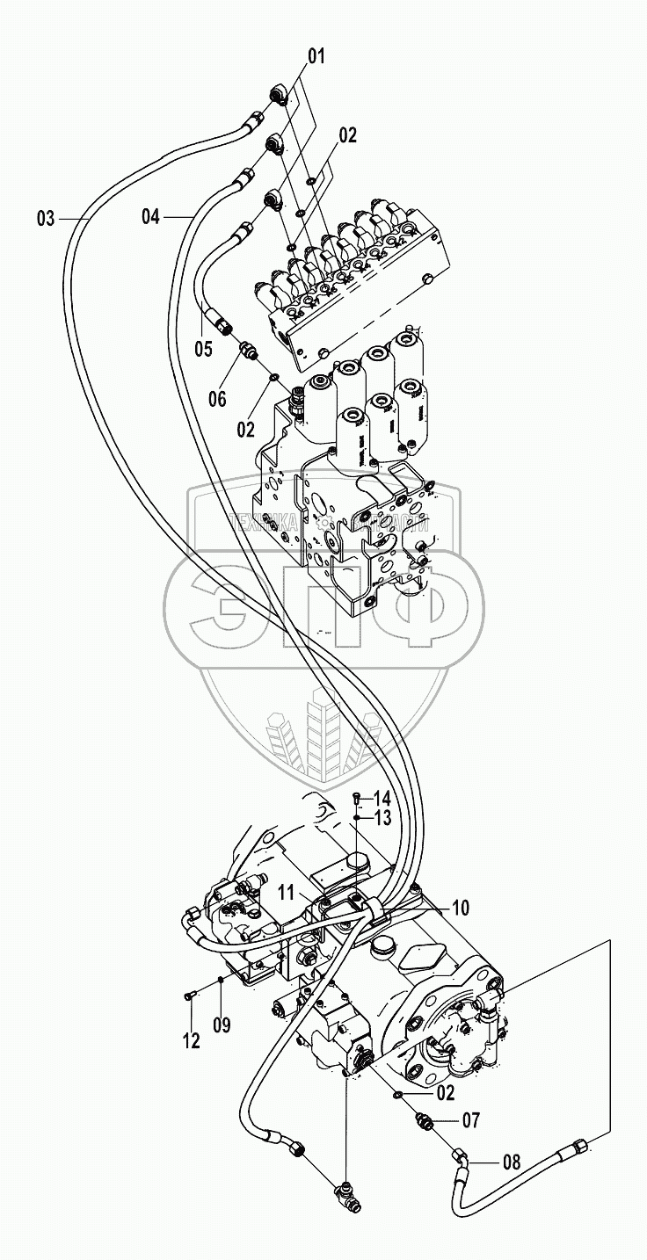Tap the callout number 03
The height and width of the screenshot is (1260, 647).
(46, 217)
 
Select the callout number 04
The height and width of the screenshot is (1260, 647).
(151, 215)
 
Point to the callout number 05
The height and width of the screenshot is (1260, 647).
(203, 349)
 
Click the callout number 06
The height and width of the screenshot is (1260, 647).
(217, 399)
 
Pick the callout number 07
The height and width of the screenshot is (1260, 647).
(471, 1120)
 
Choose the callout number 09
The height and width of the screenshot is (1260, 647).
(222, 1025)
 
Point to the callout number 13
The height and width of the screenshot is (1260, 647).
(382, 819)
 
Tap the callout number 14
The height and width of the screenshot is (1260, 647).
(382, 799)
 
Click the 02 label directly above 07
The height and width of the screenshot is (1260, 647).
(445, 1093)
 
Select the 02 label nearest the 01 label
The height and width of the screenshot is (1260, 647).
(347, 135)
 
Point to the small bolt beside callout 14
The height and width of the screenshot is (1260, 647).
(355, 798)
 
